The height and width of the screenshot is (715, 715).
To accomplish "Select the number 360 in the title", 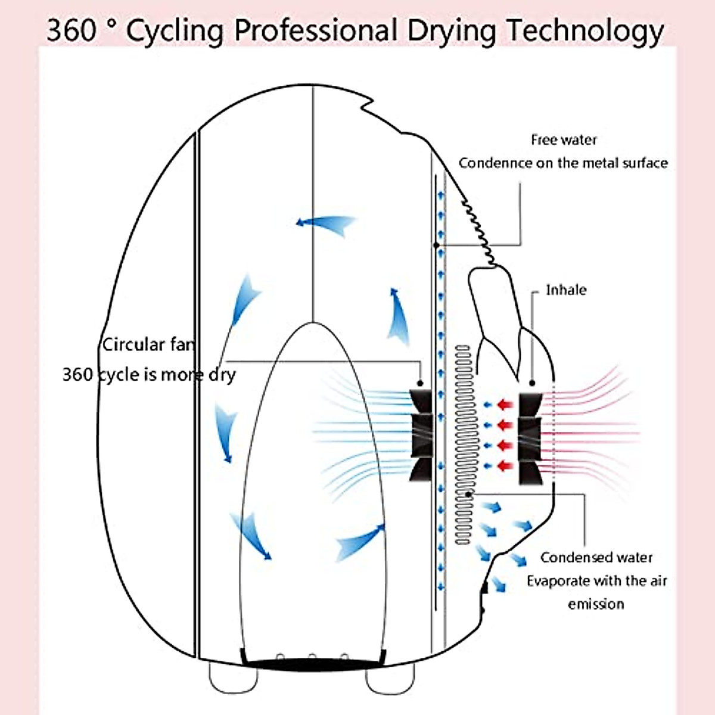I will (70, 30).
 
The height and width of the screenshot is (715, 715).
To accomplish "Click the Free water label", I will (564, 140).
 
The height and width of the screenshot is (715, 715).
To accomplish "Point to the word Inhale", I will (566, 290).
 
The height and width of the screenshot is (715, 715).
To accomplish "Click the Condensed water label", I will (596, 558).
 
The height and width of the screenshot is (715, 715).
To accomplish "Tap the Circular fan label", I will (148, 345).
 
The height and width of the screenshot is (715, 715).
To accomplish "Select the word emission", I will (596, 604).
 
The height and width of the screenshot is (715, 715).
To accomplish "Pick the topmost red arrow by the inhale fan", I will (505, 405).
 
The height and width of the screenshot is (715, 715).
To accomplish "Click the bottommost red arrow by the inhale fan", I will (505, 465).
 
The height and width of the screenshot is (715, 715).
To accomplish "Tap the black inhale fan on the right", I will (530, 438).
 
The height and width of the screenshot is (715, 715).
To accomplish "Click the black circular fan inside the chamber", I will (422, 435).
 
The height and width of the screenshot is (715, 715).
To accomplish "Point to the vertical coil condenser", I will (463, 444).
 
